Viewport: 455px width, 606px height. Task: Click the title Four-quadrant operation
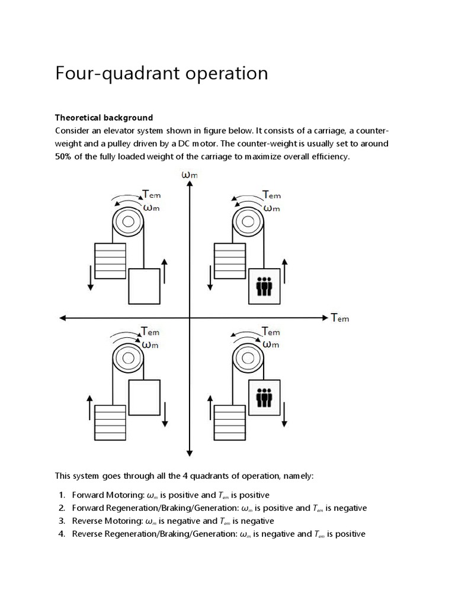(161, 73)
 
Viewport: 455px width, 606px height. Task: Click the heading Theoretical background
(104, 117)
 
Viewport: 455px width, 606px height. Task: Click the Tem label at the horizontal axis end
(340, 318)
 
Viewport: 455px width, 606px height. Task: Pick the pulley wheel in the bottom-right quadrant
(248, 359)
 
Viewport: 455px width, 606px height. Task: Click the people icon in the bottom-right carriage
(264, 397)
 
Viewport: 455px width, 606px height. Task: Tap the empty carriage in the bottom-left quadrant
(144, 397)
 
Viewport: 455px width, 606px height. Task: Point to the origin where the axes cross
(188, 318)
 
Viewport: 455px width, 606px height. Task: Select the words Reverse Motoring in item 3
(105, 521)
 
